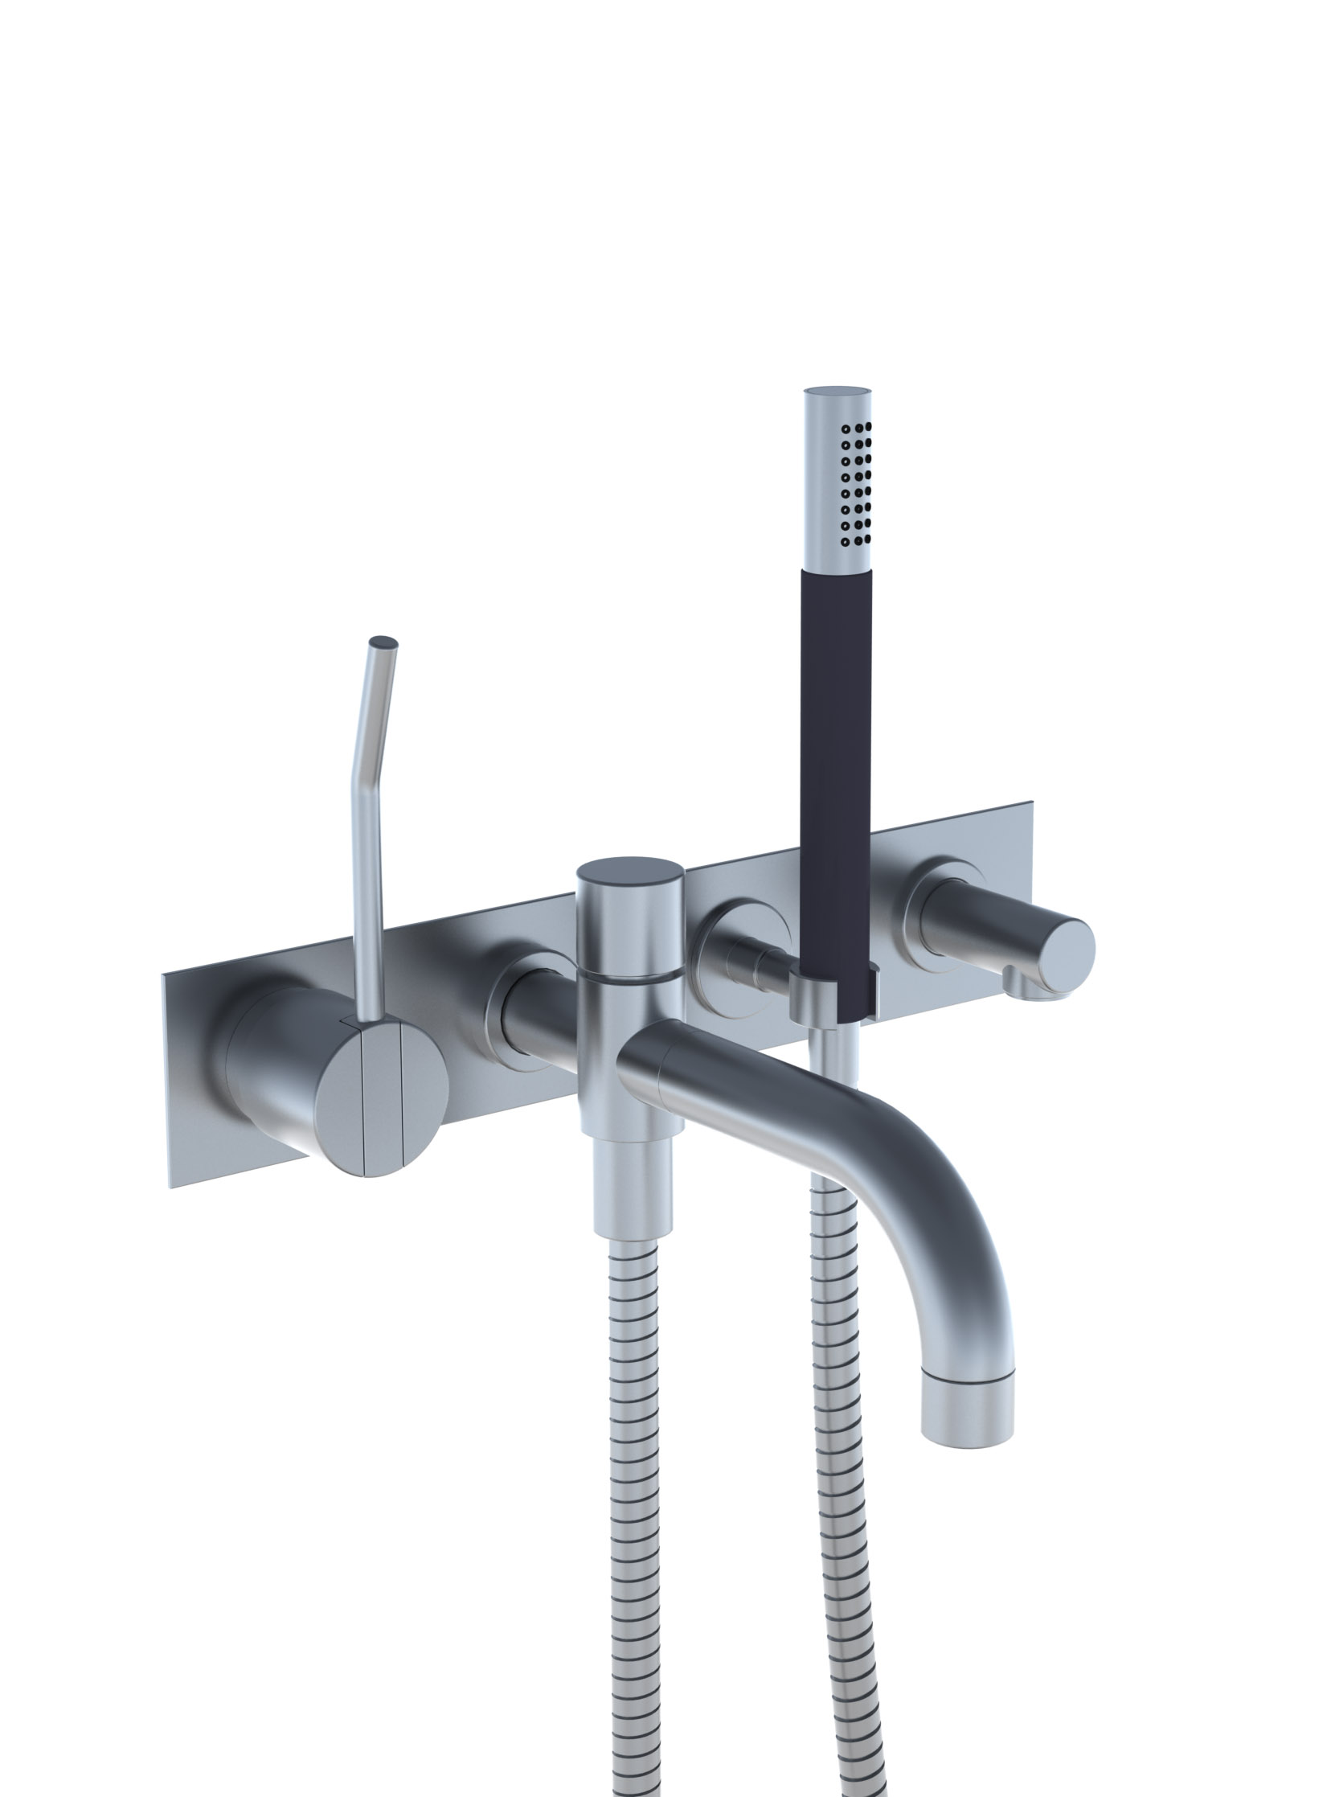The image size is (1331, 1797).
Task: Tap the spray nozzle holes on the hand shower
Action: (x=856, y=483)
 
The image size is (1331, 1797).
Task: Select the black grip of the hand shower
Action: (x=836, y=725)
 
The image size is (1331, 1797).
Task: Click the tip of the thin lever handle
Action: (x=383, y=643)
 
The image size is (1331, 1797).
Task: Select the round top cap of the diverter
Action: (x=630, y=874)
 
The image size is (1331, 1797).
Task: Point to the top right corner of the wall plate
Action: (x=1030, y=803)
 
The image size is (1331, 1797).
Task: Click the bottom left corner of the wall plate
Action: (x=171, y=1187)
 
